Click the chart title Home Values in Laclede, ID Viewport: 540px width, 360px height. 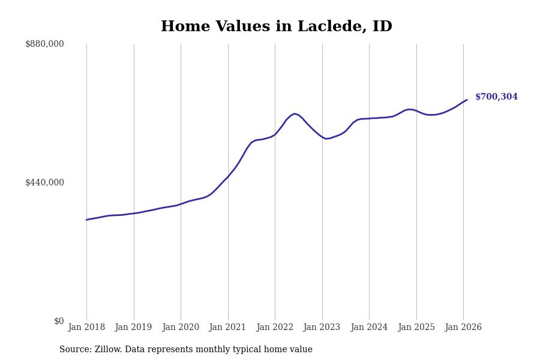(x=276, y=27)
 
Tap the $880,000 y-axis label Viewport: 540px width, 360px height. (x=44, y=44)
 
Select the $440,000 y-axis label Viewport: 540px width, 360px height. (x=44, y=182)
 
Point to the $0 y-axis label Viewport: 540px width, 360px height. (x=59, y=321)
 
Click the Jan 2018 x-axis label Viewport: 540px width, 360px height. (x=86, y=328)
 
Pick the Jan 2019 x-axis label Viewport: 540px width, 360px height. (x=134, y=328)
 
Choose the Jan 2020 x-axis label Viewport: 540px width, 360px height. (x=181, y=328)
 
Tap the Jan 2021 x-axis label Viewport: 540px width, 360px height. (x=228, y=328)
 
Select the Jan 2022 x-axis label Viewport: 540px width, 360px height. (x=275, y=328)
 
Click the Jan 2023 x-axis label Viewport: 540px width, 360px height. (x=322, y=328)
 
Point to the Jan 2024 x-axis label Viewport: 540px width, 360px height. (x=369, y=328)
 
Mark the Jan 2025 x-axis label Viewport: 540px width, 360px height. (x=416, y=328)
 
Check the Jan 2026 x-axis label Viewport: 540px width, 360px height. (x=463, y=328)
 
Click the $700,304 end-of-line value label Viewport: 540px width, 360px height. (x=496, y=97)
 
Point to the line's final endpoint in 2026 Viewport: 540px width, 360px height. (x=467, y=100)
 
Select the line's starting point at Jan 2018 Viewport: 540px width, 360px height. (x=86, y=220)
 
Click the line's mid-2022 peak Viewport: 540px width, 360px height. (x=294, y=113)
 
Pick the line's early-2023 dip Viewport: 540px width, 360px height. (x=326, y=139)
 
